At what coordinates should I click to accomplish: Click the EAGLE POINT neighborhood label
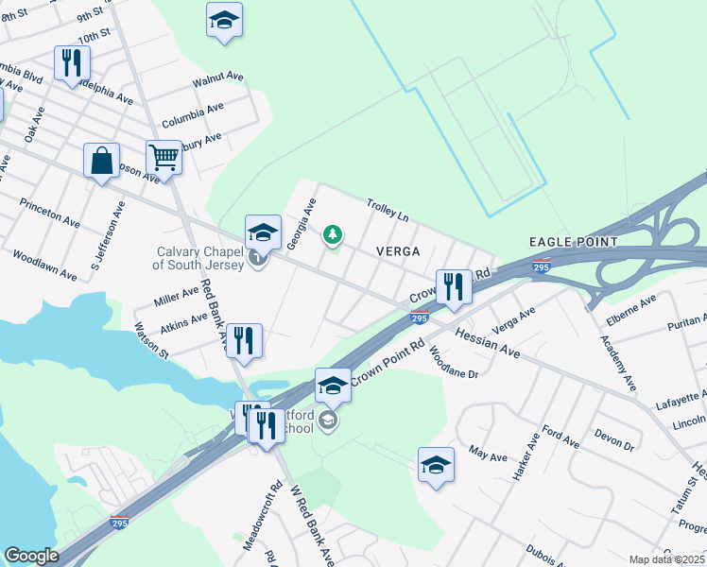click(568, 242)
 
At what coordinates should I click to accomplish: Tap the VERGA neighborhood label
click(397, 251)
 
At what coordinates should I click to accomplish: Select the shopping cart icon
click(164, 158)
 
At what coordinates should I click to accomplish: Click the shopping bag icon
click(101, 161)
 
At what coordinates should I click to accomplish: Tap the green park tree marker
click(332, 234)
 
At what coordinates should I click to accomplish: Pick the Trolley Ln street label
click(388, 210)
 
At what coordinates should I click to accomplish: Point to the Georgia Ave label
click(302, 225)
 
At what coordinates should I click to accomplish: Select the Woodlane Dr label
click(454, 363)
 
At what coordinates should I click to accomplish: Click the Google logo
click(30, 556)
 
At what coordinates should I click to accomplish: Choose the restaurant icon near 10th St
click(72, 64)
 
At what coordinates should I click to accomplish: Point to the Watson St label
click(151, 341)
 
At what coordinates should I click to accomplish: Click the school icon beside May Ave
click(436, 465)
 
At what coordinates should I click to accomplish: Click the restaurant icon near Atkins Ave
click(244, 342)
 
